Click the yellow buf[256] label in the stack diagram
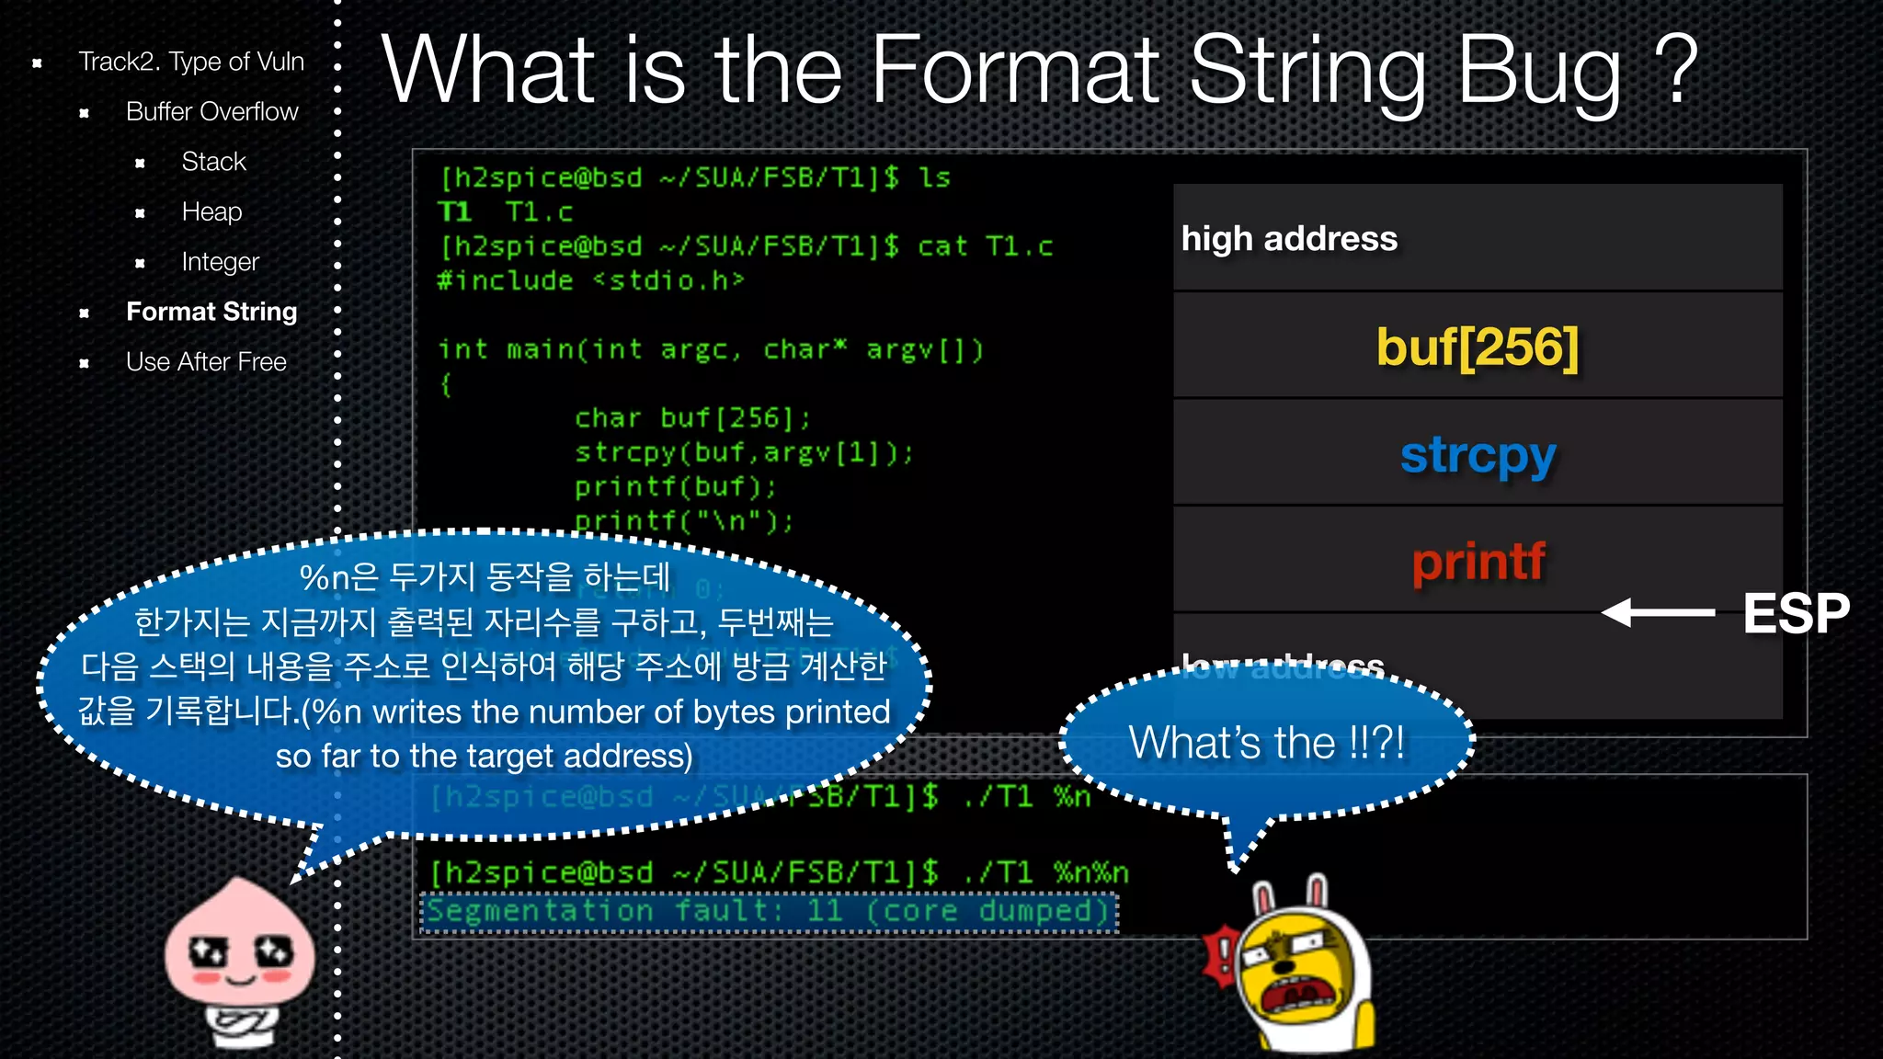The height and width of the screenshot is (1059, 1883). (x=1477, y=347)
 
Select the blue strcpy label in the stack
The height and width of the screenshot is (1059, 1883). (x=1478, y=455)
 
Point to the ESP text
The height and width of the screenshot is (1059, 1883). (x=1796, y=613)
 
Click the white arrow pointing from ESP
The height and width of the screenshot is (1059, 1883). (x=1658, y=612)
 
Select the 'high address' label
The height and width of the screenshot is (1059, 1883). (x=1289, y=239)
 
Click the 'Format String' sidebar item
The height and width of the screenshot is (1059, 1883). (x=211, y=312)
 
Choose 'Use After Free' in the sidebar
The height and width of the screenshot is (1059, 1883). (x=206, y=362)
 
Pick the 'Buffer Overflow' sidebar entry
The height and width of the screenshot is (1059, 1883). (x=211, y=111)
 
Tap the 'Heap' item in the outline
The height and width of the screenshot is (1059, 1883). (x=211, y=211)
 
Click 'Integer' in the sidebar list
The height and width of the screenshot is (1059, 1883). (x=220, y=262)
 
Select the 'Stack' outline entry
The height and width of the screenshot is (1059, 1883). (x=213, y=162)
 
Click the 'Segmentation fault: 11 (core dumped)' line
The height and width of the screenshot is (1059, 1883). (x=769, y=912)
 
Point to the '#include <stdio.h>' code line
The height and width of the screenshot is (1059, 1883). (x=590, y=280)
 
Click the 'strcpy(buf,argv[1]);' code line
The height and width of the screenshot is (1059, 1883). (x=744, y=452)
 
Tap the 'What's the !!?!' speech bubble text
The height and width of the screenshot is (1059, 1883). (x=1266, y=743)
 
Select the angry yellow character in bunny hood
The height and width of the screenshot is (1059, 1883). (x=1296, y=974)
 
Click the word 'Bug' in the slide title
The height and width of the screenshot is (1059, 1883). (x=1540, y=72)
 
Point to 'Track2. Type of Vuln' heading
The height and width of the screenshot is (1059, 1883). (x=190, y=62)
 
